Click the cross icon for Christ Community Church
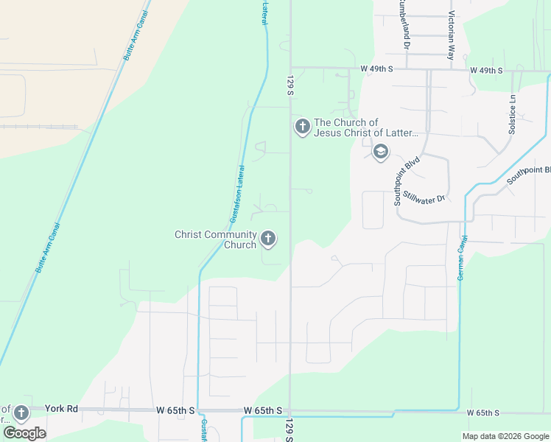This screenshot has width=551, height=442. [x=268, y=238]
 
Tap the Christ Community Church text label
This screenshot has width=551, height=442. [x=215, y=239]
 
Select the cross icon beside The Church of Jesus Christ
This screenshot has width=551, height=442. [x=302, y=127]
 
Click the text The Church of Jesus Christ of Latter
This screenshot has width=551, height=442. [x=366, y=127]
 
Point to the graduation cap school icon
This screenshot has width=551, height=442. [x=380, y=152]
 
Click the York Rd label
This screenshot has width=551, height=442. [x=61, y=408]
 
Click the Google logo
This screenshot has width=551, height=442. [x=24, y=432]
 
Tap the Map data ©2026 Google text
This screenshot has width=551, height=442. [x=505, y=436]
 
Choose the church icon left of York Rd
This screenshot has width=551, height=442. [x=21, y=413]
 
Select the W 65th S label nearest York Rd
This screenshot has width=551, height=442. [x=175, y=410]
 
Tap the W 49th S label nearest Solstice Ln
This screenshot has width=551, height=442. [x=486, y=70]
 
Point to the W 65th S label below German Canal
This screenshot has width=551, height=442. [x=487, y=413]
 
